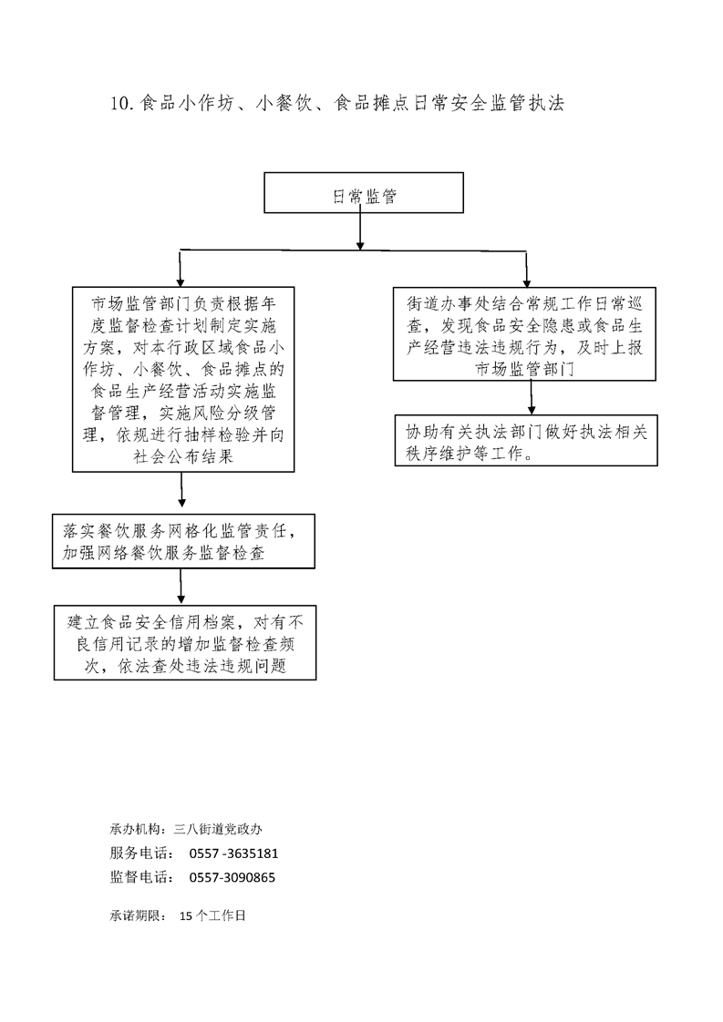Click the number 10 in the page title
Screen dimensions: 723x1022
point(122,103)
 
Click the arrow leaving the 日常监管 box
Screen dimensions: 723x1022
point(359,231)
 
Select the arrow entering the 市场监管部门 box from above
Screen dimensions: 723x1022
point(181,268)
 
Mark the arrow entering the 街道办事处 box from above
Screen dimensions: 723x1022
point(527,269)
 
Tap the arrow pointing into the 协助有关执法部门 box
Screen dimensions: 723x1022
point(532,397)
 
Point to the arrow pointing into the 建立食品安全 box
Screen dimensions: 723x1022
point(181,587)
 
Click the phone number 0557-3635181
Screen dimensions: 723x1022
point(233,853)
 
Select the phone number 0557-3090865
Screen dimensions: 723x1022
point(232,877)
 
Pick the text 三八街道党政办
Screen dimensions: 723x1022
point(218,829)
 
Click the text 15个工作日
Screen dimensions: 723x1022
point(212,915)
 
